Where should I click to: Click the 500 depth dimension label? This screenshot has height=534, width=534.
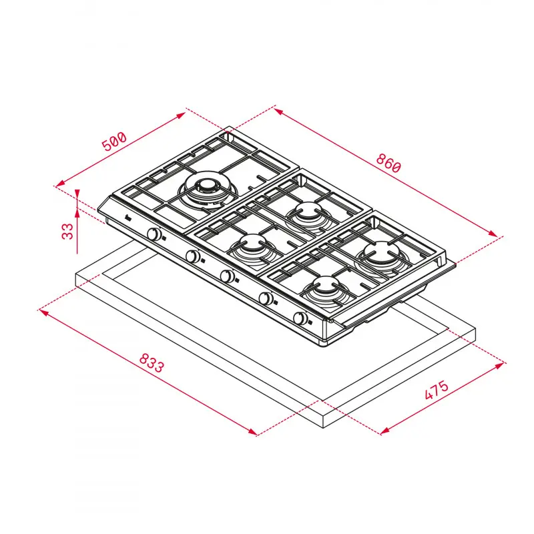point(114,143)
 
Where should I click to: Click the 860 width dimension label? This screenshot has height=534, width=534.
point(388,164)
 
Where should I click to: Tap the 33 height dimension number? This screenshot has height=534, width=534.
point(67,232)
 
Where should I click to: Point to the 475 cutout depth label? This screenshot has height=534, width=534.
point(435,390)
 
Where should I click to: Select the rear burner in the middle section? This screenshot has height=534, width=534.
point(306,213)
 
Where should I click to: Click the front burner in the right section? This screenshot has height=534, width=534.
point(324,288)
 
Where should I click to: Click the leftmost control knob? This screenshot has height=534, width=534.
point(155,234)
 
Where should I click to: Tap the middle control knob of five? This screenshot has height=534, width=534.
point(228,276)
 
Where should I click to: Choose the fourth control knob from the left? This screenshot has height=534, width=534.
point(266,298)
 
